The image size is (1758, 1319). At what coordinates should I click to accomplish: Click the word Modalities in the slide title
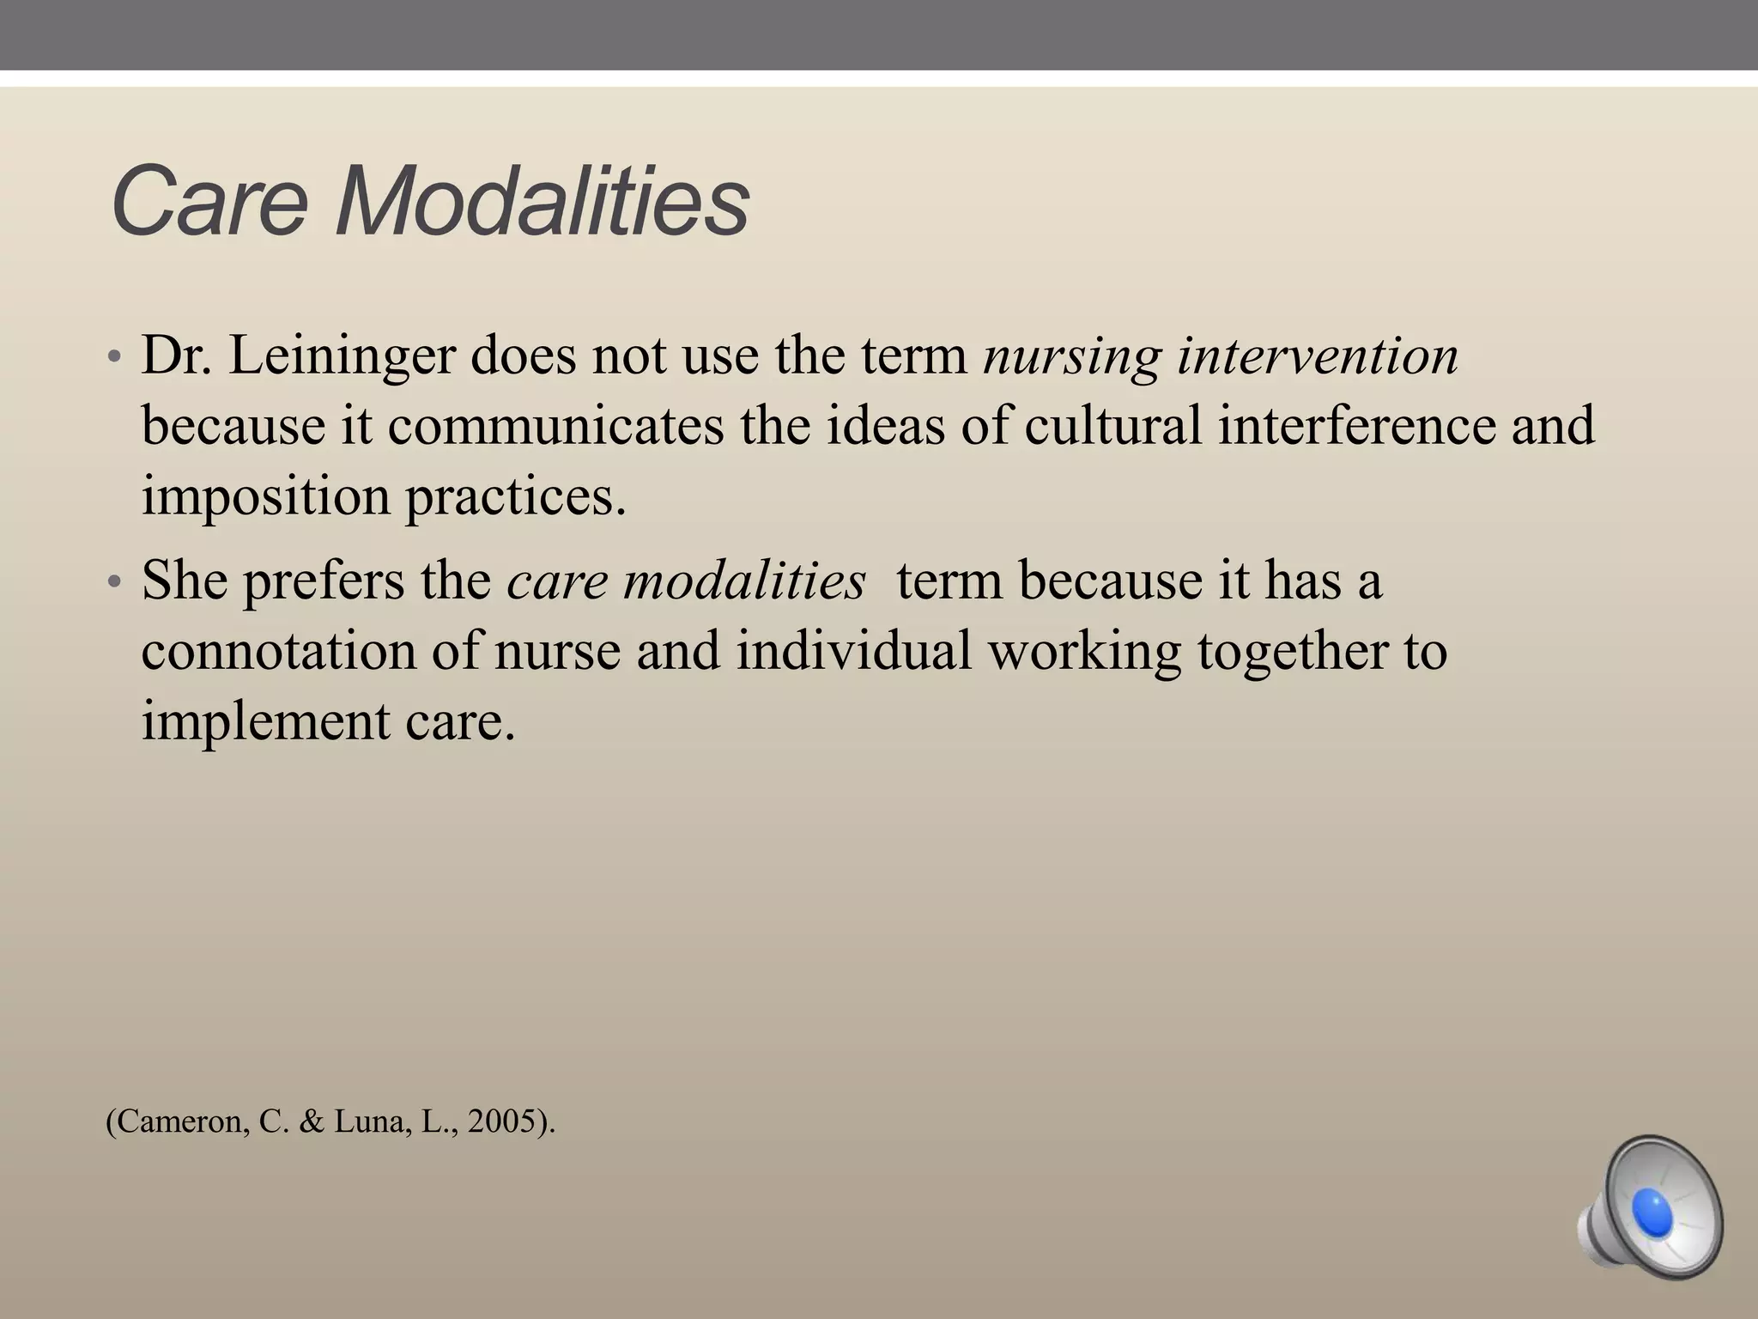pyautogui.click(x=543, y=203)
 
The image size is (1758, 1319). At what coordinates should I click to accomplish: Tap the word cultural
pyautogui.click(x=1112, y=426)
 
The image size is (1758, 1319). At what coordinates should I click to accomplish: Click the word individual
pyautogui.click(x=854, y=651)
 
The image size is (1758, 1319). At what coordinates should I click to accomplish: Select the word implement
pyautogui.click(x=265, y=721)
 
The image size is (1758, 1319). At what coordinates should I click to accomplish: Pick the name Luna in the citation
pyautogui.click(x=369, y=1122)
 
